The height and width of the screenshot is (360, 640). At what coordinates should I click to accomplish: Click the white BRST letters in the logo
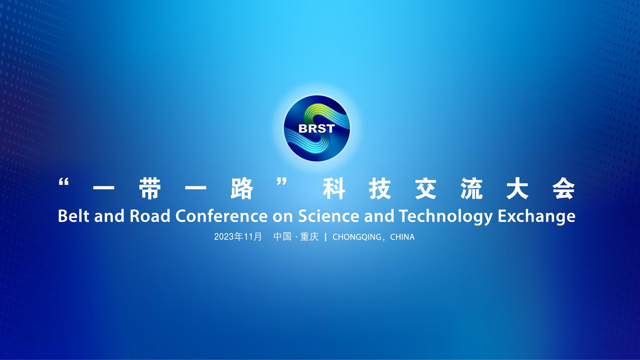(316, 129)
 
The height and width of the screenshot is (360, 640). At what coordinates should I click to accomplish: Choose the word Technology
(446, 217)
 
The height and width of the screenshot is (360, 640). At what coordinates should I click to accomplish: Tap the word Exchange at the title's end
(536, 217)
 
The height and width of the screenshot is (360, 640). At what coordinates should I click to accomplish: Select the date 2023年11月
(238, 237)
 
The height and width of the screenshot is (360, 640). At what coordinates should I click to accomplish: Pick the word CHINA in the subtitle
(402, 237)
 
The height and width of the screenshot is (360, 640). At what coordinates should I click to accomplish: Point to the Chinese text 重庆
(309, 237)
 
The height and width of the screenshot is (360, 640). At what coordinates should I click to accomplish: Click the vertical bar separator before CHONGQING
(326, 237)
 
